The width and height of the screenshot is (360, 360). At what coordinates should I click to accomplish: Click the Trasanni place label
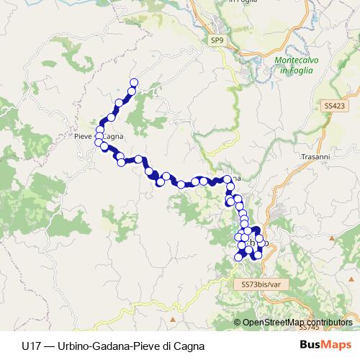[312, 156]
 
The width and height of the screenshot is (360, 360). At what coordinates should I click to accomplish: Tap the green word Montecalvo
[295, 61]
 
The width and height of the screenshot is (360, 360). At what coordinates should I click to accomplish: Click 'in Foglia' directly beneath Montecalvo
[295, 70]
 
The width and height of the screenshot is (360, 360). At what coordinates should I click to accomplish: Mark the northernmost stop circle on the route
[133, 82]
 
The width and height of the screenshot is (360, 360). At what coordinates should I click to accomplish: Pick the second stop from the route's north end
[132, 91]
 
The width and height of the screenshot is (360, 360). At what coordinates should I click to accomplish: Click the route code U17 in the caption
[31, 345]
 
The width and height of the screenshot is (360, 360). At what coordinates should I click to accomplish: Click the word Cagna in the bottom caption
[180, 345]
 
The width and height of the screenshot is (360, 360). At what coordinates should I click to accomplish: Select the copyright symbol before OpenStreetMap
[237, 323]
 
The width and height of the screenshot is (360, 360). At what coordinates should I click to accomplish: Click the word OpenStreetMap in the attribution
[271, 323]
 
